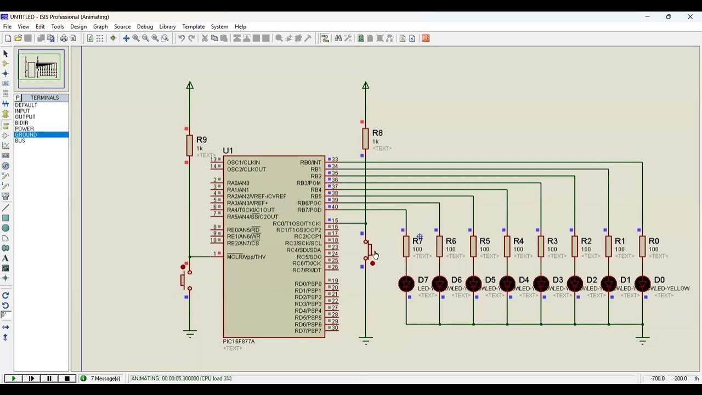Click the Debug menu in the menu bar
click(145, 26)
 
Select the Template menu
click(193, 26)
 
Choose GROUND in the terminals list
click(26, 135)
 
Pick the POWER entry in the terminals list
click(24, 129)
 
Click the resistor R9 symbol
click(190, 145)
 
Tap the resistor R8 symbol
click(365, 138)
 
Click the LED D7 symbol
click(406, 284)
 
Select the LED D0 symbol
click(642, 284)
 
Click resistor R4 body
click(507, 246)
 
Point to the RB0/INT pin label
click(310, 162)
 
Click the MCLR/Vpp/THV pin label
click(246, 257)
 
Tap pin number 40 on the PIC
click(335, 207)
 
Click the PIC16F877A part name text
click(239, 341)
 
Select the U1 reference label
click(228, 151)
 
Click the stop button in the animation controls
click(67, 379)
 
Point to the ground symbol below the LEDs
click(642, 340)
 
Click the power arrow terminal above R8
click(365, 86)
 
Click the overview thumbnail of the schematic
click(41, 69)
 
